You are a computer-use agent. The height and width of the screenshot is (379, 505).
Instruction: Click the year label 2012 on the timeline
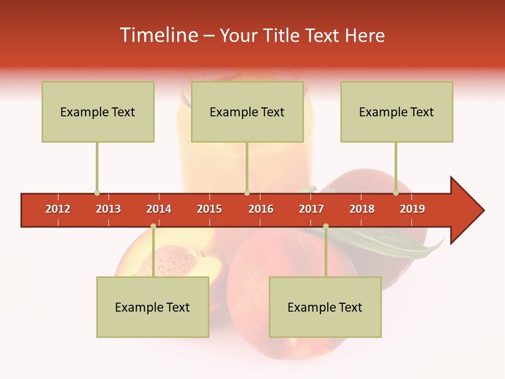pyautogui.click(x=58, y=209)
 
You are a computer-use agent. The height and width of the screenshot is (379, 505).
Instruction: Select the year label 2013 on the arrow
pyautogui.click(x=108, y=209)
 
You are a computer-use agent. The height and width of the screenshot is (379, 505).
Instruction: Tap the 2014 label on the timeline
pyautogui.click(x=159, y=209)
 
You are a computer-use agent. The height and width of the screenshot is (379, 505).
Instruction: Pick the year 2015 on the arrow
pyautogui.click(x=209, y=209)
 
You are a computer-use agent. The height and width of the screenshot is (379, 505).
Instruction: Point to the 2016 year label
pyautogui.click(x=261, y=209)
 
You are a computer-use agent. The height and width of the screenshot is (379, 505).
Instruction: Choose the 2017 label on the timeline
pyautogui.click(x=311, y=209)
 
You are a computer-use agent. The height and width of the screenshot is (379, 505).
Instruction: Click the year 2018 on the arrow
pyautogui.click(x=362, y=209)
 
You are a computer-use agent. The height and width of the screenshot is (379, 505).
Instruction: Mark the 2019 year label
pyautogui.click(x=412, y=209)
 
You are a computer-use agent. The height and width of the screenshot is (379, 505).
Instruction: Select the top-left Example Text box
pyautogui.click(x=98, y=112)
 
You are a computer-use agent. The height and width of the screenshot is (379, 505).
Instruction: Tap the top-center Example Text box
pyautogui.click(x=247, y=112)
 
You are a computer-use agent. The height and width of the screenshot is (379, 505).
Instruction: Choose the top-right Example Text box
pyautogui.click(x=397, y=112)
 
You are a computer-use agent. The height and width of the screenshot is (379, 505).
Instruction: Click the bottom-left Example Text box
pyautogui.click(x=153, y=307)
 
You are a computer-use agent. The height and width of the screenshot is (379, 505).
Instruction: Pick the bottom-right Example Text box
pyautogui.click(x=325, y=307)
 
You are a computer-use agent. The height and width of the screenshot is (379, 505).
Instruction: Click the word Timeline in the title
pyautogui.click(x=158, y=35)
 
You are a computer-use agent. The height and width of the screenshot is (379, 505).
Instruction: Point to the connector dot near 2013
pyautogui.click(x=97, y=193)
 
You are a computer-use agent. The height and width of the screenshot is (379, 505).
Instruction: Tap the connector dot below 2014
pyautogui.click(x=153, y=226)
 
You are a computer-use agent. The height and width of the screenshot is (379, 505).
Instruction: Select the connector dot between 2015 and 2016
pyautogui.click(x=247, y=193)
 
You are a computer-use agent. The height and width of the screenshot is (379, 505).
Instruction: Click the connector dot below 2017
pyautogui.click(x=326, y=226)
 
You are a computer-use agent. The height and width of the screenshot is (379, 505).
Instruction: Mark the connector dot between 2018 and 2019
pyautogui.click(x=396, y=193)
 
